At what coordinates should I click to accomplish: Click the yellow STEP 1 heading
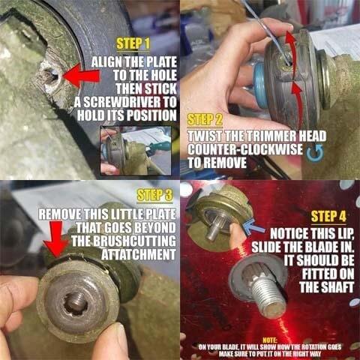(133, 43)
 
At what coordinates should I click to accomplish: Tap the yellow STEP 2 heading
(205, 120)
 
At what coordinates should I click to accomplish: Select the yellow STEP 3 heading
(155, 195)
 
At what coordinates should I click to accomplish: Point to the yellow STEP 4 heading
(328, 217)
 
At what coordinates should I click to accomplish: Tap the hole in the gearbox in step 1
(51, 75)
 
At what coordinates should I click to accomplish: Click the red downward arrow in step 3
(56, 239)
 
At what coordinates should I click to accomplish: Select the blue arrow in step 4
(253, 227)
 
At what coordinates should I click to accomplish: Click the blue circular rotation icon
(315, 152)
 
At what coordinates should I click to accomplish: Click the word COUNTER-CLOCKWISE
(245, 149)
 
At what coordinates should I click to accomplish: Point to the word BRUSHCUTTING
(124, 241)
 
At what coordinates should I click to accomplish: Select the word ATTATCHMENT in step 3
(139, 254)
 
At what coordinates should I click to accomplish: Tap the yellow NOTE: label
(270, 340)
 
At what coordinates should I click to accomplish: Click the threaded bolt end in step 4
(268, 298)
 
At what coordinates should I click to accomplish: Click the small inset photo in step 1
(136, 151)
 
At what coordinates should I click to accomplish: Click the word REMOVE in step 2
(217, 163)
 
